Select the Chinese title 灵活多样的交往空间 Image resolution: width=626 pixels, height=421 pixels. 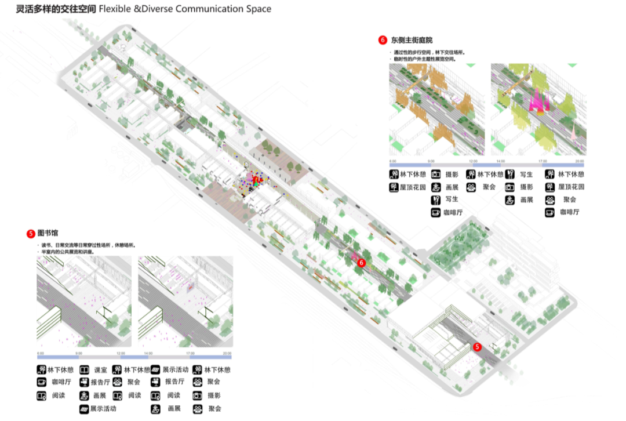click(x=49, y=9)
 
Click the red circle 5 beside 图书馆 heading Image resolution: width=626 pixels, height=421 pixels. click(x=31, y=234)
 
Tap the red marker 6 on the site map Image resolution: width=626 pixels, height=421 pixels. click(x=362, y=263)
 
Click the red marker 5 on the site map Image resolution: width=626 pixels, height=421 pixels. click(x=477, y=347)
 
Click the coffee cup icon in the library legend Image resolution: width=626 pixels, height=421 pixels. click(x=42, y=382)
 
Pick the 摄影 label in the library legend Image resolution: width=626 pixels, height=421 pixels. click(x=214, y=395)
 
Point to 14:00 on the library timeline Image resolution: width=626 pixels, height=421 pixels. click(x=148, y=353)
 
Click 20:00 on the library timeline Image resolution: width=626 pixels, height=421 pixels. click(x=227, y=353)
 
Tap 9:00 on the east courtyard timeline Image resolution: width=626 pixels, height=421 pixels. click(x=431, y=161)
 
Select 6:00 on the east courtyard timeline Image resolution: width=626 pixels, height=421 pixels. click(x=392, y=161)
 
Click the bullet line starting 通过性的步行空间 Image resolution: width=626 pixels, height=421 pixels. click(x=429, y=52)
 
